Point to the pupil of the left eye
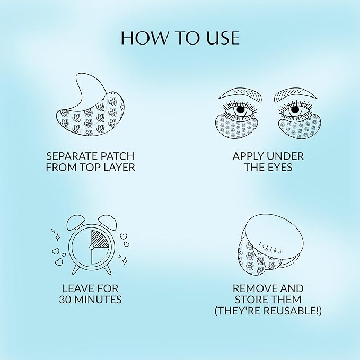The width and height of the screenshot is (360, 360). (x=240, y=110)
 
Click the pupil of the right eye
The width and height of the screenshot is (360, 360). (x=296, y=110)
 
